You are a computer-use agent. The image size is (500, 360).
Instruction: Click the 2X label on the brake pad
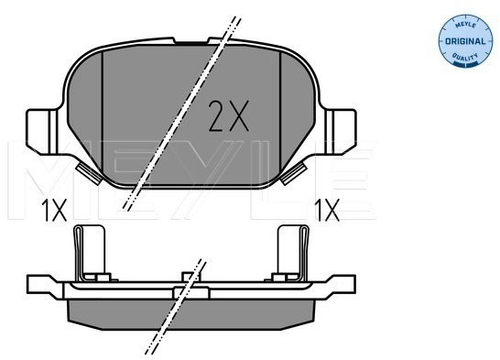228,115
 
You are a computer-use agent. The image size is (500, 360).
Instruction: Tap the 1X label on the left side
54,210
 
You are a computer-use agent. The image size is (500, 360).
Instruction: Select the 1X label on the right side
327,210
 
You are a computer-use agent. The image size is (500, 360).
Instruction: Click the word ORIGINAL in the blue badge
465,41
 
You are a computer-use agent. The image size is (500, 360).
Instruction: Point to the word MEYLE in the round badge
465,25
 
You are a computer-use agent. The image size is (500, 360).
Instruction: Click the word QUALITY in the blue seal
465,57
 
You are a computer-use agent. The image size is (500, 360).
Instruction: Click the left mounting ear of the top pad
42,132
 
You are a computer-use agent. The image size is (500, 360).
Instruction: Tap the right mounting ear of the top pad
341,132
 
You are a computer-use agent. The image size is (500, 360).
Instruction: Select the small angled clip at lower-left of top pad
89,173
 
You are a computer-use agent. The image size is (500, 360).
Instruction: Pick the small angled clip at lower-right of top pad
294,173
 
